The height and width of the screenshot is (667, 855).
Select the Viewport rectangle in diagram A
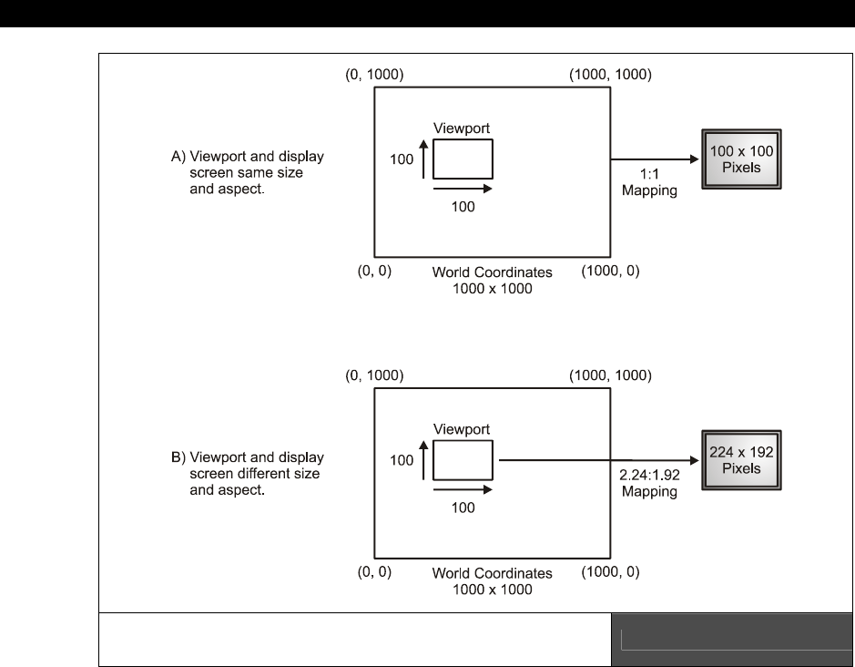(463, 159)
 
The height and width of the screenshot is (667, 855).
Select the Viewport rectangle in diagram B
(463, 460)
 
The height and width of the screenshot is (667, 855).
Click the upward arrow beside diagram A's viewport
(423, 159)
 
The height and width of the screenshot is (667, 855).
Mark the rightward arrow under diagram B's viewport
(463, 489)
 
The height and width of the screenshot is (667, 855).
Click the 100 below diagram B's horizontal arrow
(463, 508)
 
